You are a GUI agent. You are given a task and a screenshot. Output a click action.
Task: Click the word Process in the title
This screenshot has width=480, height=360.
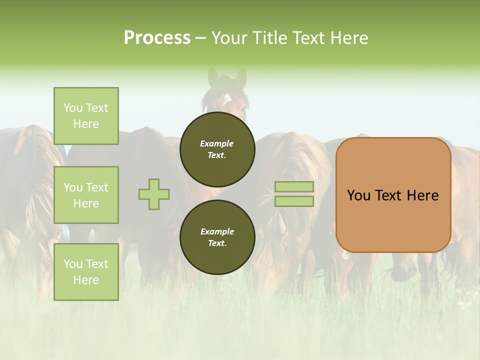pos(157,37)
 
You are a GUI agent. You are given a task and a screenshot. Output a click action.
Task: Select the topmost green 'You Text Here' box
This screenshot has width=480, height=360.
pos(86,116)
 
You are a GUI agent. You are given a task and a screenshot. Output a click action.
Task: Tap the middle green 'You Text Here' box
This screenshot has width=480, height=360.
pos(86,195)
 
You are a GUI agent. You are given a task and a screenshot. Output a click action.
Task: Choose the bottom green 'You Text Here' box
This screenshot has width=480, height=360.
pos(86,271)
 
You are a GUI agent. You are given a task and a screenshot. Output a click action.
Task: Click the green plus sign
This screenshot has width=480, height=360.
pos(154,194)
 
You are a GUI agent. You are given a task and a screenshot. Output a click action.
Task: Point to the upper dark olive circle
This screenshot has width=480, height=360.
pos(217,149)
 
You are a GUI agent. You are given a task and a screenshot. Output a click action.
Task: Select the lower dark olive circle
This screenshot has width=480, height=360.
pos(217,237)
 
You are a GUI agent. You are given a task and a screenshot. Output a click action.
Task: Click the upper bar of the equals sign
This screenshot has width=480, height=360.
pos(294,186)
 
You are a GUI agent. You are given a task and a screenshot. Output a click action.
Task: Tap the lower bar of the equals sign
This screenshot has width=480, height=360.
pos(294,201)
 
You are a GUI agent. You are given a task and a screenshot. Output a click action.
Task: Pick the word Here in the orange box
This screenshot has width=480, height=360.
pos(422,195)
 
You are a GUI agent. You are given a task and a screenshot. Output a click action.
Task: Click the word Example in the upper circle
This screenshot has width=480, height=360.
pos(217,143)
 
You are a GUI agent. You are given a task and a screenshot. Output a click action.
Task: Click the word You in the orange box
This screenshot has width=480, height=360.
pos(358,195)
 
